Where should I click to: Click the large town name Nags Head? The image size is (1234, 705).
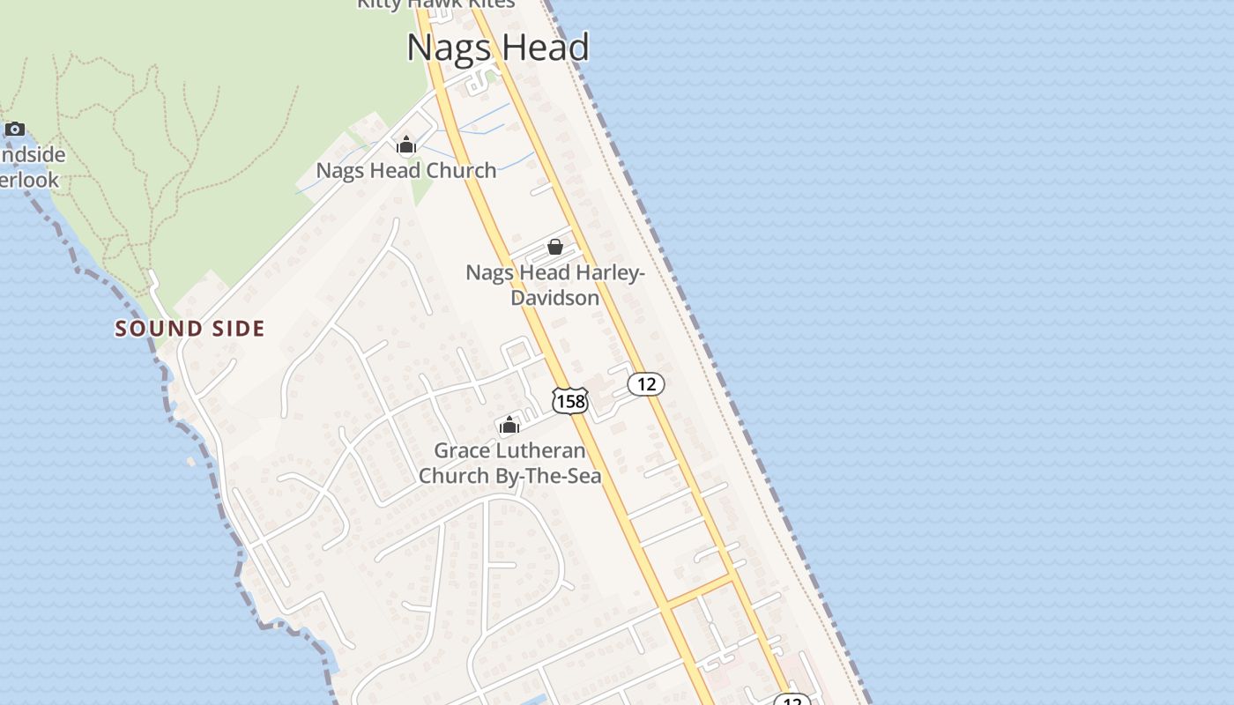497,48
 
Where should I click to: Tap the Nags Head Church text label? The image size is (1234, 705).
405,171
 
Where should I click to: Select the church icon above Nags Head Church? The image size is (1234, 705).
405,145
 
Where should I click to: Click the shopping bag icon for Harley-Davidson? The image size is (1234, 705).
555,247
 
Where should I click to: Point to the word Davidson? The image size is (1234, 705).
555,298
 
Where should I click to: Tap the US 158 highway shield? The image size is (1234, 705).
569,401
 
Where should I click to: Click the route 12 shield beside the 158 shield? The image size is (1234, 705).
646,384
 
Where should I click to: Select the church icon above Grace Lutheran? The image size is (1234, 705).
509,426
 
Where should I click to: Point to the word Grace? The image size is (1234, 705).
460,451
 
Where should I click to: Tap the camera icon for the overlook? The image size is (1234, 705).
15,130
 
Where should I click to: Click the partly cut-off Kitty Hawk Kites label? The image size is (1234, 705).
435,4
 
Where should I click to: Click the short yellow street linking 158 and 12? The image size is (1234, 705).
700,592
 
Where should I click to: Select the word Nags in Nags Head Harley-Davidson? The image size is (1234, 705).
487,273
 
